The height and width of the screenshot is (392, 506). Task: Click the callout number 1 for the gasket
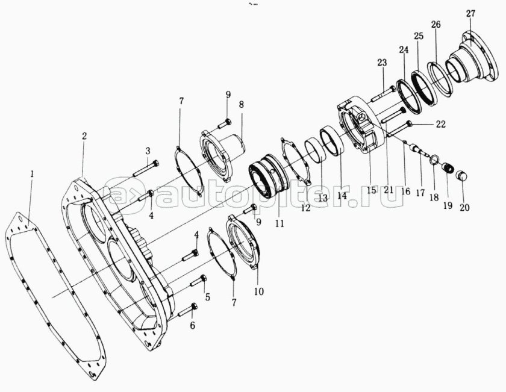pyautogui.click(x=31, y=175)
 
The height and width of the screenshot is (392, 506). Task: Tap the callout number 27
pyautogui.click(x=470, y=14)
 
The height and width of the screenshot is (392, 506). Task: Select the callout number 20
pyautogui.click(x=464, y=208)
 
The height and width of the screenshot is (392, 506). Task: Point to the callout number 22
pyautogui.click(x=441, y=124)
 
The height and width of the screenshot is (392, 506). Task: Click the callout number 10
pyautogui.click(x=259, y=291)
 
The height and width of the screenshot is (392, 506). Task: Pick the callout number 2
pyautogui.click(x=84, y=136)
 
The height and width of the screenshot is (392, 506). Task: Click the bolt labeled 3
pyautogui.click(x=146, y=169)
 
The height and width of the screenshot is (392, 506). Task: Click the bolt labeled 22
pyautogui.click(x=399, y=129)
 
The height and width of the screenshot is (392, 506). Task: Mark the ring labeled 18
pyautogui.click(x=434, y=159)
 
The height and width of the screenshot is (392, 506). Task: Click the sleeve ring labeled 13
pyautogui.click(x=314, y=151)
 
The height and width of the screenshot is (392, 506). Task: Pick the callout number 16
pyautogui.click(x=405, y=191)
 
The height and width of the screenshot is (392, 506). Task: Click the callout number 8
pyautogui.click(x=241, y=105)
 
